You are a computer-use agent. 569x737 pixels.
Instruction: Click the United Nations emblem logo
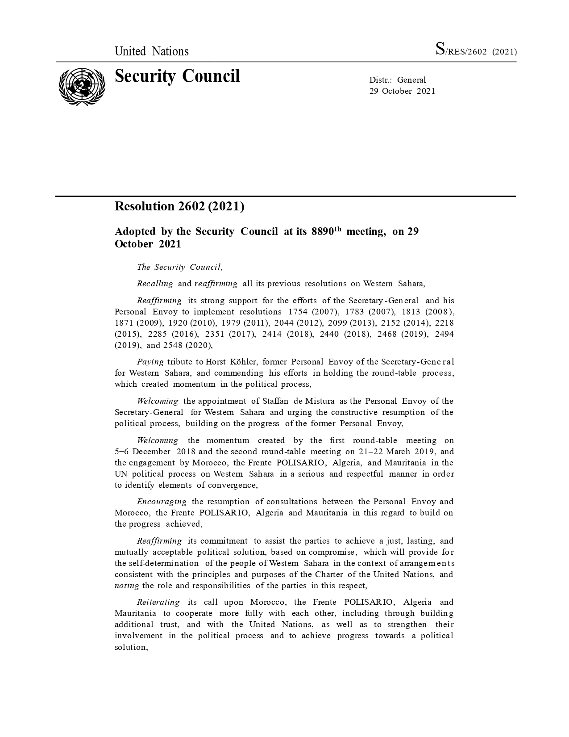pos(82,86)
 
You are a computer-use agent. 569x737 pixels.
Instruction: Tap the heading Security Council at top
pos(177,76)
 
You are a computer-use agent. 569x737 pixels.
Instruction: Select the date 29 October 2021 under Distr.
pos(402,91)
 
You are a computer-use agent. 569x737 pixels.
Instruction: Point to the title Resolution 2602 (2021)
pos(179,206)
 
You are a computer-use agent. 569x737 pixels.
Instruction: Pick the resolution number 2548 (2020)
pos(187,345)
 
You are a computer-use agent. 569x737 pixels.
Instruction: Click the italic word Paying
pos(150,362)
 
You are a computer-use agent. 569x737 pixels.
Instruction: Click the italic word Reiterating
pos(158,602)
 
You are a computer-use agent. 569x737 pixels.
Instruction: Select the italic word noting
pos(127,586)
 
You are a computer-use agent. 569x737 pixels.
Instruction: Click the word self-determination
pos(164,563)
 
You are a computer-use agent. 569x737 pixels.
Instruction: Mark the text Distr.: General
pos(398,80)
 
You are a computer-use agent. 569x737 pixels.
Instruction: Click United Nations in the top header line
pos(152,51)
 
